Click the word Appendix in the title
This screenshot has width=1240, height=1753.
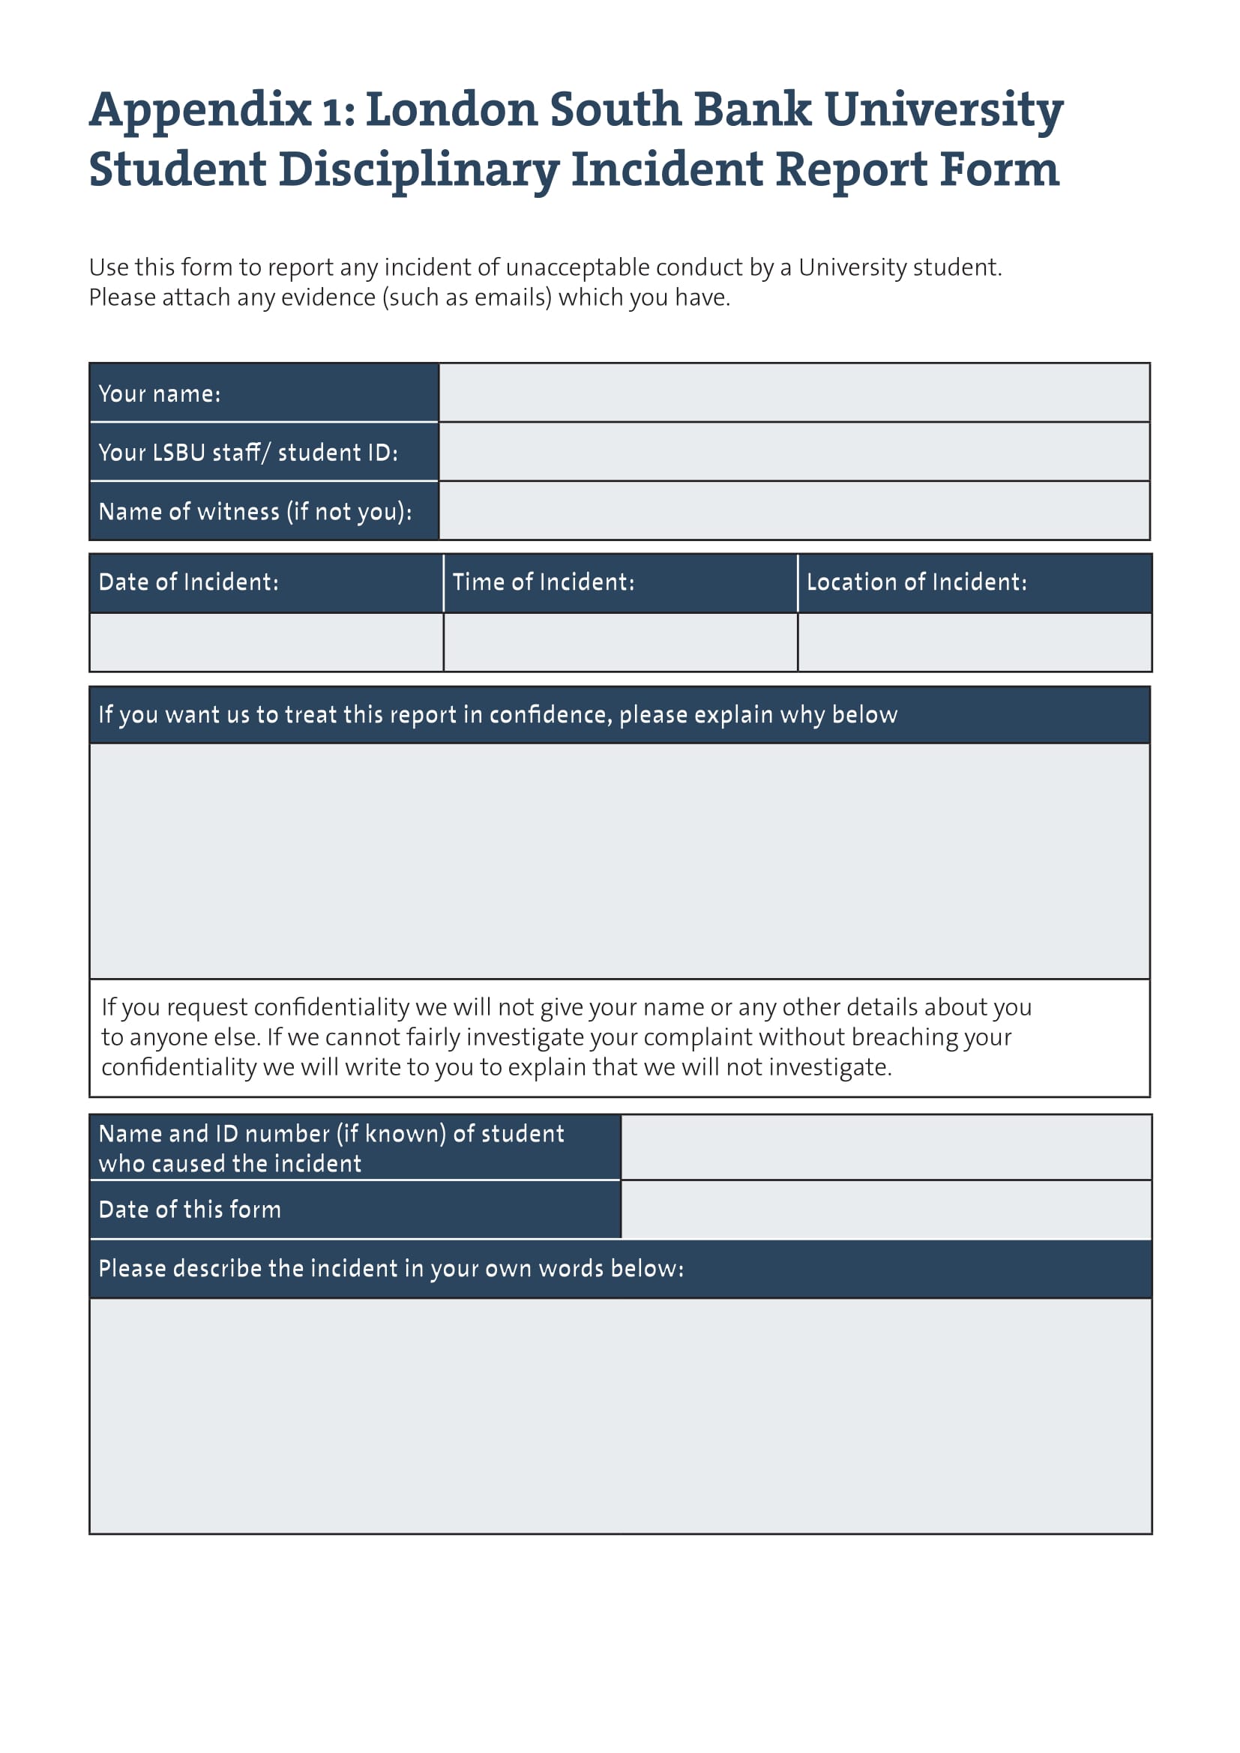(200, 111)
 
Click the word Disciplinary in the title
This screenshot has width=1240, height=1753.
(419, 170)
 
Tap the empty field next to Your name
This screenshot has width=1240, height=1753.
(794, 393)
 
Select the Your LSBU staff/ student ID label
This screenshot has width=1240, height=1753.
(248, 452)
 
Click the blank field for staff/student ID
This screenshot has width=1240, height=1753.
(794, 451)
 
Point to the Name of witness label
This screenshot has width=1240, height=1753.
(255, 511)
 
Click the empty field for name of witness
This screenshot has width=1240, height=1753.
(794, 510)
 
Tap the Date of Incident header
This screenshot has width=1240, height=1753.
(189, 582)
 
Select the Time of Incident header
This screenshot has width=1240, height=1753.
(543, 582)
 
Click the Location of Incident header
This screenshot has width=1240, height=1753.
(916, 582)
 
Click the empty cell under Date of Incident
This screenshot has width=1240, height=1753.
(265, 642)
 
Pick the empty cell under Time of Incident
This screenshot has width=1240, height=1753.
(620, 642)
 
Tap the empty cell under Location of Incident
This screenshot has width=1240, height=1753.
(975, 642)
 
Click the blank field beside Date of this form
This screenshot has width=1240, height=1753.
(885, 1210)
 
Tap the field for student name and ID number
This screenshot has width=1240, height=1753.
(885, 1147)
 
